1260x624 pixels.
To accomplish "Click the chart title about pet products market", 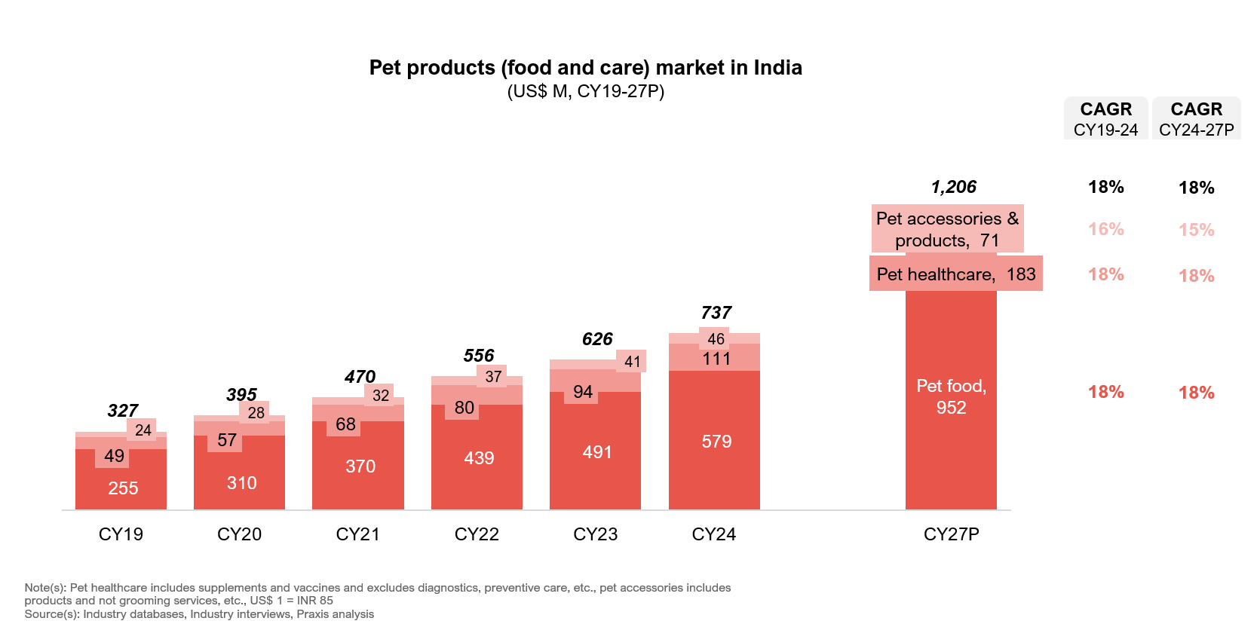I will click(x=585, y=68).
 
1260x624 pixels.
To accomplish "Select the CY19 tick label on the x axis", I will click(x=121, y=534).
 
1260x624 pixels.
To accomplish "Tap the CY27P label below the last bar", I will click(x=951, y=534).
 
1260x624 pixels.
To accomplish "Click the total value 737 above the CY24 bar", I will click(x=716, y=313).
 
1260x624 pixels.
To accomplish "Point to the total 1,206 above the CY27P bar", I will click(x=953, y=187).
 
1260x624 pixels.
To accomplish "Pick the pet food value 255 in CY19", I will click(x=123, y=488).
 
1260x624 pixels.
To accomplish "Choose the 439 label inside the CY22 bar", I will click(x=479, y=458).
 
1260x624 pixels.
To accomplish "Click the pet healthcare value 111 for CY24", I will click(x=716, y=359).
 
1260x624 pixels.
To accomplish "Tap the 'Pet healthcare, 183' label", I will click(x=955, y=274).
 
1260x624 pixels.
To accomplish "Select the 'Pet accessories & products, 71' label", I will click(x=947, y=229).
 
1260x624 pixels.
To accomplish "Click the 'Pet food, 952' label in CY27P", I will click(x=951, y=396).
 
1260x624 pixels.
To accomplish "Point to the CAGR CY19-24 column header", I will click(x=1105, y=118).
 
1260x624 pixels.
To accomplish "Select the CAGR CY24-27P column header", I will click(x=1196, y=118).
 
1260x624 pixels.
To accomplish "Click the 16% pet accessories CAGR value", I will click(x=1105, y=229).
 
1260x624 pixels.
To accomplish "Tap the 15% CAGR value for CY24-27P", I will click(x=1196, y=230).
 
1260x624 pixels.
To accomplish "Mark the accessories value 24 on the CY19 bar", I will click(x=143, y=430).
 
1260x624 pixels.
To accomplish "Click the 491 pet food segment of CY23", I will click(x=597, y=452).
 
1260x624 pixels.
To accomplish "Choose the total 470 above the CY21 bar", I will click(x=360, y=377).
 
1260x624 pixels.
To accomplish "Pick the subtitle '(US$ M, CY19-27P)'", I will click(x=585, y=92).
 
